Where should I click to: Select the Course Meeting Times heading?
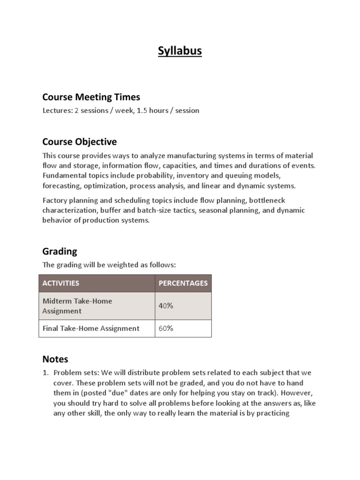(x=91, y=97)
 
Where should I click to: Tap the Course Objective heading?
(x=79, y=142)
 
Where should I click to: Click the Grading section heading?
(x=60, y=251)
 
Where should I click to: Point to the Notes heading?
(x=55, y=359)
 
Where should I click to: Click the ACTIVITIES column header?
(x=61, y=283)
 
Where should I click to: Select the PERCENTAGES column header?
(x=183, y=283)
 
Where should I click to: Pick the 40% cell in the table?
(x=166, y=306)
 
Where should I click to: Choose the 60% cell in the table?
(x=166, y=328)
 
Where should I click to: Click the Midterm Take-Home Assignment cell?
(x=77, y=306)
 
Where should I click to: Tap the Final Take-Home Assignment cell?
(x=91, y=328)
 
